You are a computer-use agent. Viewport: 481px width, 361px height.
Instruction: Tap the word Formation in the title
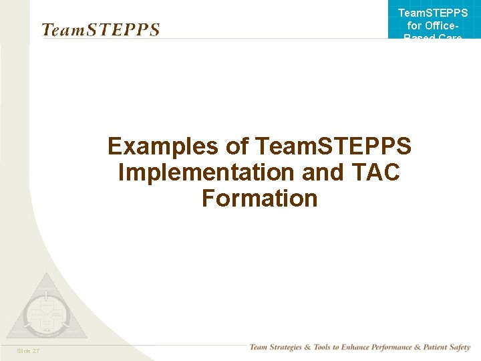[x=259, y=198]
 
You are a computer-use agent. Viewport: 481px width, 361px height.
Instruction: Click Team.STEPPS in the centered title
[x=333, y=146]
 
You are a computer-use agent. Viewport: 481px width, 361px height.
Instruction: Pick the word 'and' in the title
[x=323, y=172]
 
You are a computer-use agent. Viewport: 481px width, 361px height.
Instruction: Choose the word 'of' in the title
[x=237, y=146]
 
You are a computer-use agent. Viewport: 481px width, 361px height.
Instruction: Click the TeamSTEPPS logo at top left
[x=100, y=30]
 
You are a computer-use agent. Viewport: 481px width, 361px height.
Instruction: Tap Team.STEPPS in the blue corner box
[x=433, y=13]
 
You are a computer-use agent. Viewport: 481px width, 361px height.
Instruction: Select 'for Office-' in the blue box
[x=433, y=26]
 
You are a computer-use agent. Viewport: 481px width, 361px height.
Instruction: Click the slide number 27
[x=35, y=350]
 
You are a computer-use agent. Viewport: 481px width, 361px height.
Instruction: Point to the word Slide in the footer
[x=23, y=350]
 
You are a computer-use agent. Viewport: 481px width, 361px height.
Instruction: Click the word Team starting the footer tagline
[x=259, y=348]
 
